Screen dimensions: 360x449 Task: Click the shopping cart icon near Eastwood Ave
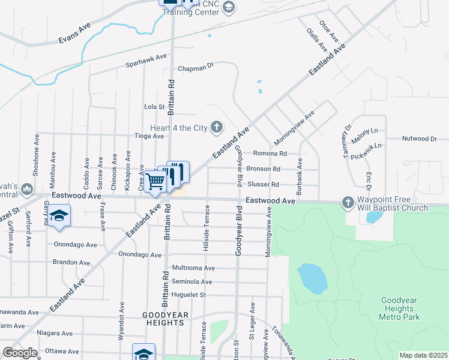pos(155,181)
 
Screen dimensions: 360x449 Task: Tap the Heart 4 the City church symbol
pos(217,127)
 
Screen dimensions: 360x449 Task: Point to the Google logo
pos(20,353)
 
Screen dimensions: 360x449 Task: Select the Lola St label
pos(154,107)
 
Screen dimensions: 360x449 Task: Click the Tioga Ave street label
pos(149,136)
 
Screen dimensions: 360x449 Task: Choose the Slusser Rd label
pos(264,184)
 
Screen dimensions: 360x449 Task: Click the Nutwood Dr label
pos(419,139)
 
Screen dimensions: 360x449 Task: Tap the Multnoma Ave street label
pos(193,268)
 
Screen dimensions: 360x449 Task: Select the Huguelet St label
pos(188,295)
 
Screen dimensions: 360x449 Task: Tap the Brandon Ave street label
pos(74,262)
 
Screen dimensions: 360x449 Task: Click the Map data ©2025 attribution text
pos(424,355)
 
